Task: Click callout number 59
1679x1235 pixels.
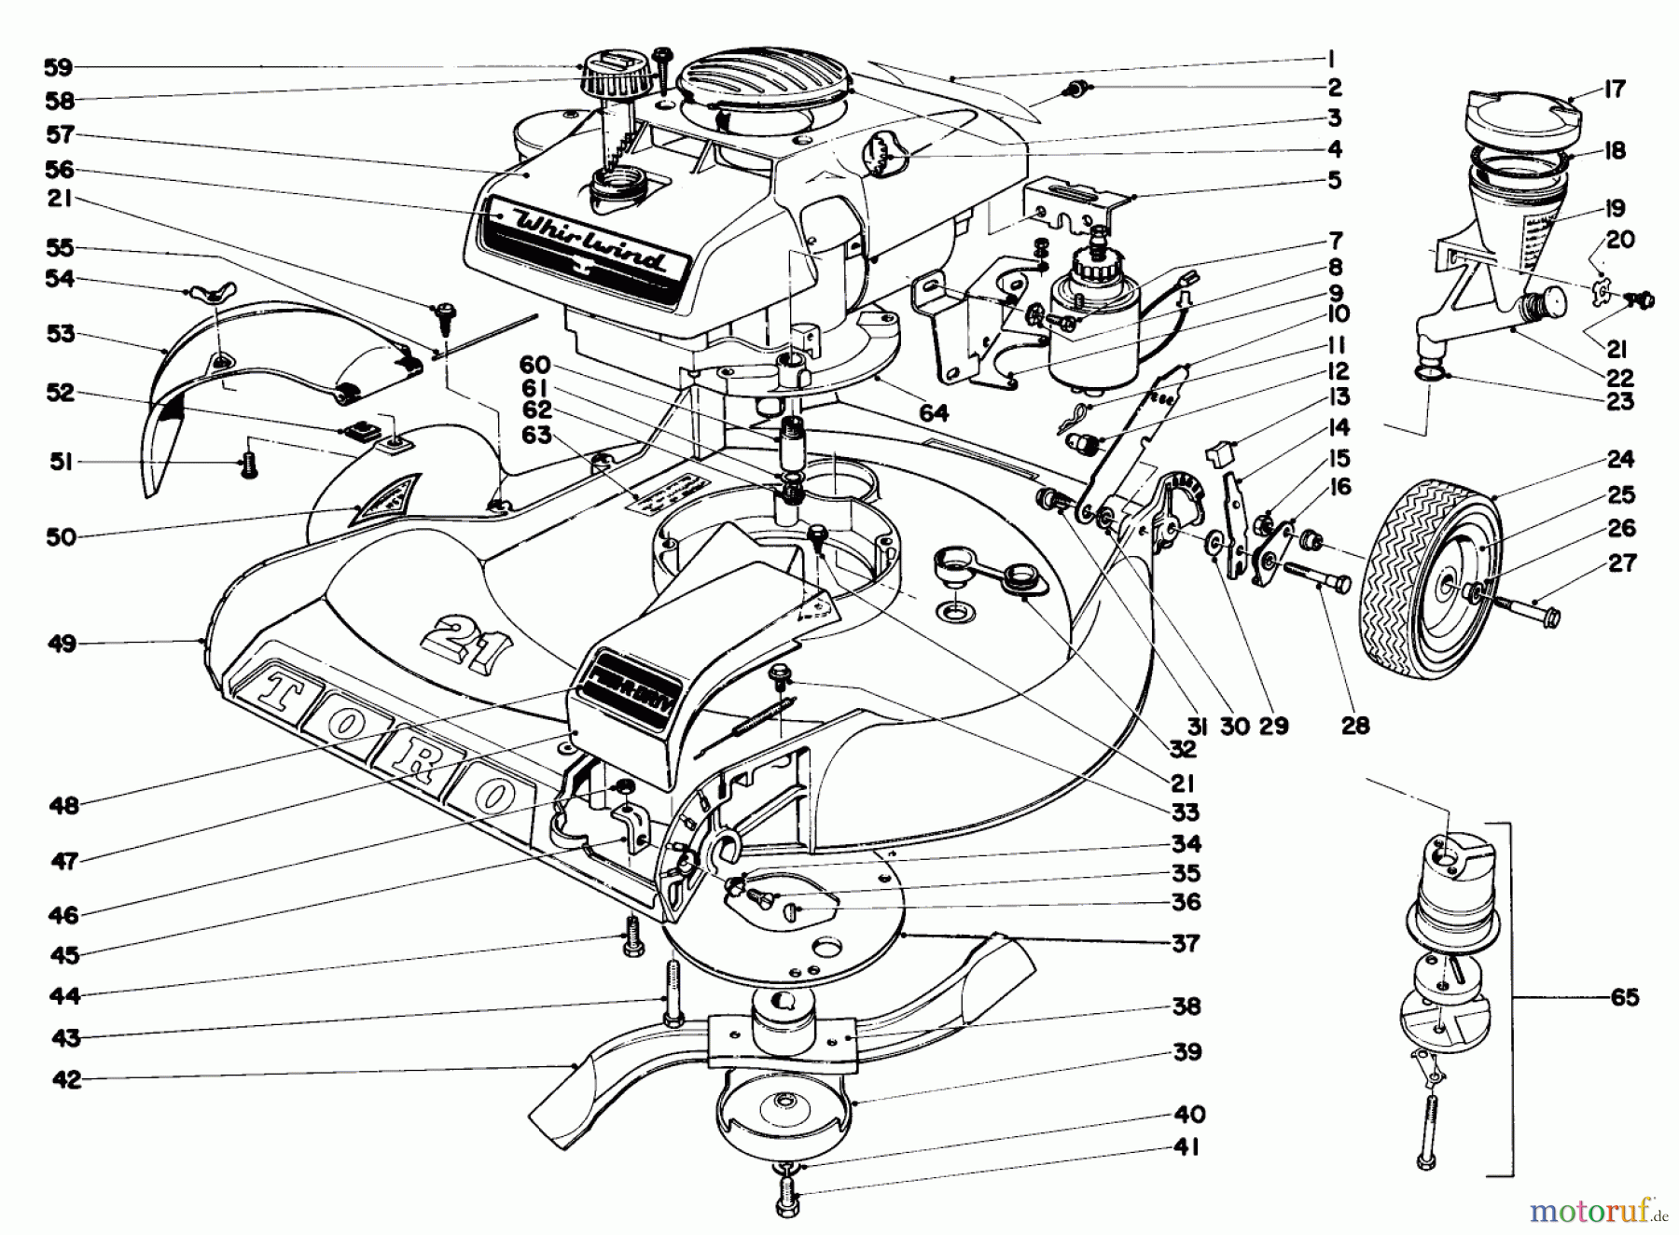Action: coord(58,67)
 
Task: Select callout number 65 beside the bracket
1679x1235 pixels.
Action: coord(1624,997)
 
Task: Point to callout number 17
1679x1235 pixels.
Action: coord(1616,90)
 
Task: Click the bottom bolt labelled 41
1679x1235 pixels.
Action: coord(786,1198)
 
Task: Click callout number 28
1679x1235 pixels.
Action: coord(1355,725)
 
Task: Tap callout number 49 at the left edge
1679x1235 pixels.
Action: coord(62,644)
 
